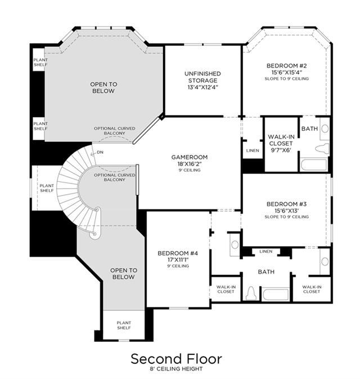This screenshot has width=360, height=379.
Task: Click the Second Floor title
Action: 176,359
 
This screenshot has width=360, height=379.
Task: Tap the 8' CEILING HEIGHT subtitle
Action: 176,369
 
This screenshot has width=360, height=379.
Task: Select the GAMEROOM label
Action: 190,157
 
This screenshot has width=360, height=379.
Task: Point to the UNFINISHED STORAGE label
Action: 203,77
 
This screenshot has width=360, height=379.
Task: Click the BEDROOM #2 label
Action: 287,65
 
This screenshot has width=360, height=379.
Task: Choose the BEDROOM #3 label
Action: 287,204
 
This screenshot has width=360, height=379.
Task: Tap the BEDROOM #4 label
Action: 178,253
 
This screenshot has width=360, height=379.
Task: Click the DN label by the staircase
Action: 100,152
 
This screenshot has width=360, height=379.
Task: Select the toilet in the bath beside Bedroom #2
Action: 322,148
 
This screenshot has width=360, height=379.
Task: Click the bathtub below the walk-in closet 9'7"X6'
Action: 314,164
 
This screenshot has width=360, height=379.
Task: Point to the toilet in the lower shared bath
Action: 251,293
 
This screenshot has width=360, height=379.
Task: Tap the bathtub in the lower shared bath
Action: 276,294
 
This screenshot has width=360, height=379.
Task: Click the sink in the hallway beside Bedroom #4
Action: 235,244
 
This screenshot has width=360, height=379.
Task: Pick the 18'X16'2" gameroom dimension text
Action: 190,164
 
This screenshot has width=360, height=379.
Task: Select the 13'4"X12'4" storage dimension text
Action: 203,87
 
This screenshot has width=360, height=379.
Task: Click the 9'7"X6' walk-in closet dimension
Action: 281,150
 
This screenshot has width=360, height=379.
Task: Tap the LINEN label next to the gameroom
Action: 253,150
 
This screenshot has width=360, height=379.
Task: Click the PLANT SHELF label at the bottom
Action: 124,325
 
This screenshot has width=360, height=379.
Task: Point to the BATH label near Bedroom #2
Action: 310,128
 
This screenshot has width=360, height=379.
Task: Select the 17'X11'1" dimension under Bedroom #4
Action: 178,260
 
